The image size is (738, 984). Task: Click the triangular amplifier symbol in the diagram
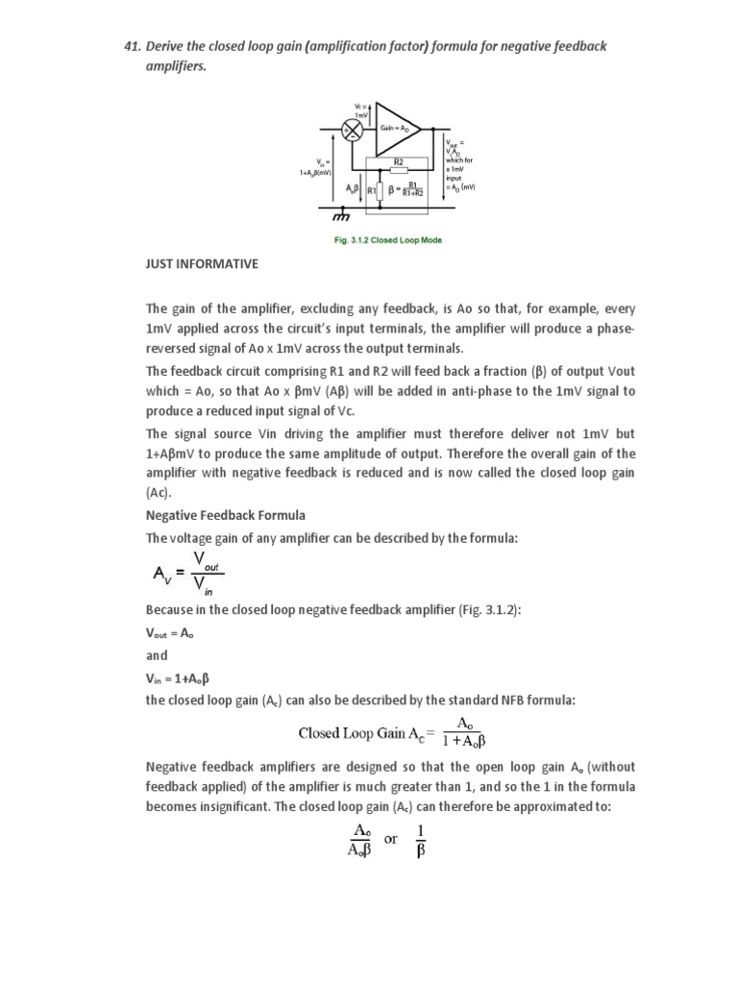(395, 128)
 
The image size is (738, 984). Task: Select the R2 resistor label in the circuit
(399, 162)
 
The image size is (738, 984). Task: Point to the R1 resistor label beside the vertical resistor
(373, 190)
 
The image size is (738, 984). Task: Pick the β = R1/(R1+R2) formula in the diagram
(405, 189)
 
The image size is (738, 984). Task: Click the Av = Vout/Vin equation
(188, 573)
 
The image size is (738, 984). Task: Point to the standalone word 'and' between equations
(157, 655)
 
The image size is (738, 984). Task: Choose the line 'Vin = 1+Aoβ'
(177, 677)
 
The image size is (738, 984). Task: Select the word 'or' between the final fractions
(390, 838)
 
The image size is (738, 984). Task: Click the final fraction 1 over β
(419, 838)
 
